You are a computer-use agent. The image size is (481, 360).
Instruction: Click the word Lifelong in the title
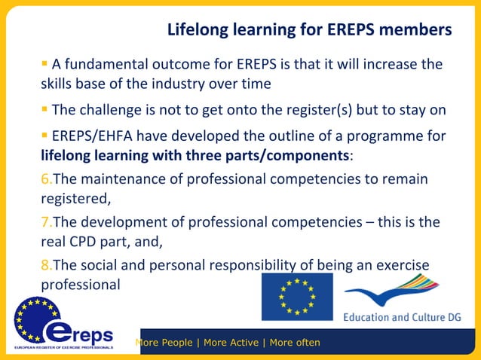[x=198, y=31]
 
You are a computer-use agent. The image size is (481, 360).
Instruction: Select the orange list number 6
[x=44, y=179]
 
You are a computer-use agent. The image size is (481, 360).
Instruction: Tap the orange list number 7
[x=44, y=223]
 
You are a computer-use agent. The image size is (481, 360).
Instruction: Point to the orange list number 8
[x=44, y=267]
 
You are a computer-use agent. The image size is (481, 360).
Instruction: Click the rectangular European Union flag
[x=297, y=297]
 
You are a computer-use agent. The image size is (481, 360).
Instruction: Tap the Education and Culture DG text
[x=401, y=317]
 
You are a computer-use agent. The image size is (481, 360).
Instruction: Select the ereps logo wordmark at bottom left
[x=78, y=332]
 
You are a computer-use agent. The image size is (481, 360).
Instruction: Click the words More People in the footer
[x=164, y=343]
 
